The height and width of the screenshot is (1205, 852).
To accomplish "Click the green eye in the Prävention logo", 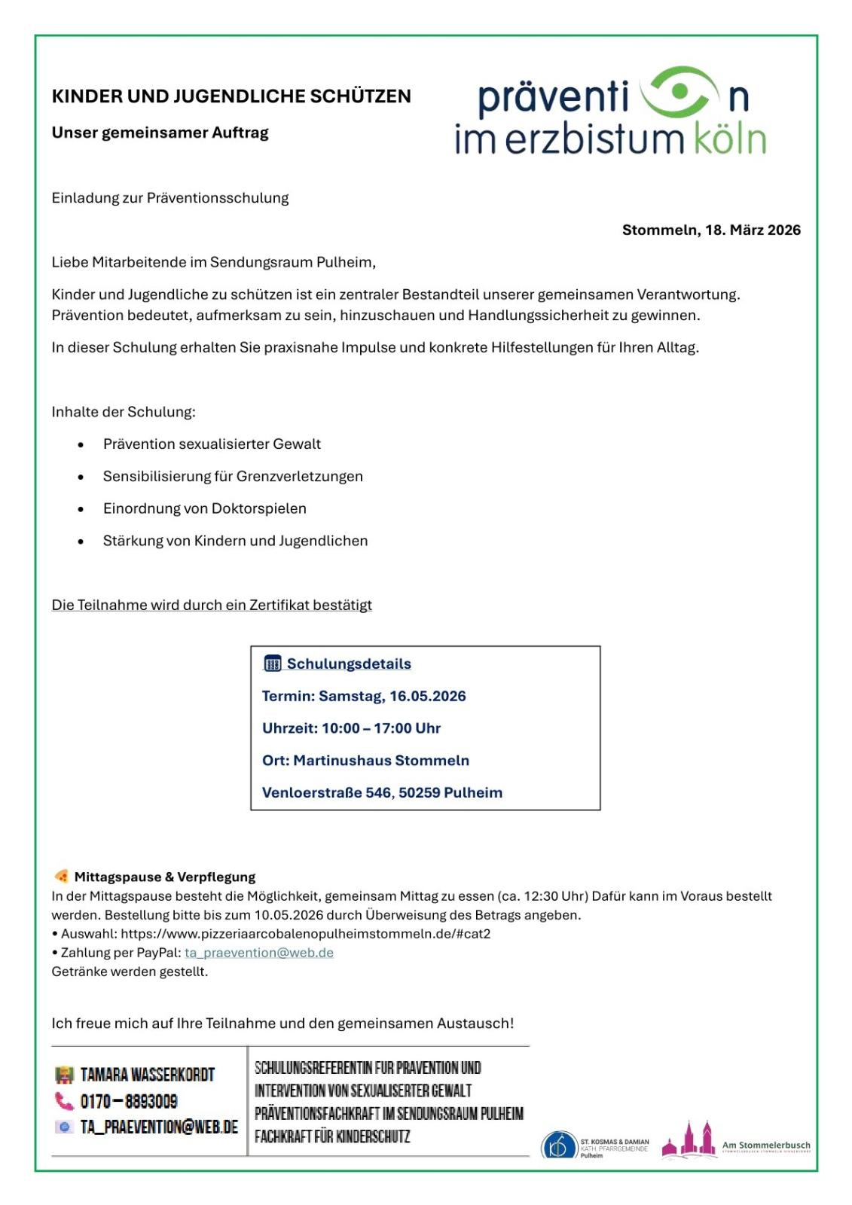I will [x=678, y=92].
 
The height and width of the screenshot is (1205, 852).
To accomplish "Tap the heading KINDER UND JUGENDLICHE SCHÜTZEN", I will [x=231, y=96].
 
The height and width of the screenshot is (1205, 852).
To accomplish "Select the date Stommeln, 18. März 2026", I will [x=711, y=230].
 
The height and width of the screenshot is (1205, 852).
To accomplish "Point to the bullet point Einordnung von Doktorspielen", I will [x=204, y=508].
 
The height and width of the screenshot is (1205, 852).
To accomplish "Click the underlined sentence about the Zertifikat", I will [x=212, y=605].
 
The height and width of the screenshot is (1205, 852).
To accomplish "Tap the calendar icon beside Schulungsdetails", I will [x=272, y=664].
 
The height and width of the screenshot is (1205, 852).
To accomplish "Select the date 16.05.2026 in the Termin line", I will [x=427, y=696].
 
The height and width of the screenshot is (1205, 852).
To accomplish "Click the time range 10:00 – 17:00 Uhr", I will [x=380, y=728].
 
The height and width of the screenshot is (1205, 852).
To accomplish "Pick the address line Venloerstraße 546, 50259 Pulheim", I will [x=382, y=792].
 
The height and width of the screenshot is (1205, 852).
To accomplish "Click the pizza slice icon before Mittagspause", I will [x=61, y=876].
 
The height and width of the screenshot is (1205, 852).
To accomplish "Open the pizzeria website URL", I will [x=305, y=934].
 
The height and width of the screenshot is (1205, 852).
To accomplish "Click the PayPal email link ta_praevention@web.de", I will [x=259, y=953].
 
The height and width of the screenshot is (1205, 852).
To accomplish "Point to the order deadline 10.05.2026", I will [x=289, y=915].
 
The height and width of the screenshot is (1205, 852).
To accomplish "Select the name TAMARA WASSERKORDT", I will [x=148, y=1075].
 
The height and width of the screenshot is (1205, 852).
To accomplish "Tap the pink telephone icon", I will [x=64, y=1101].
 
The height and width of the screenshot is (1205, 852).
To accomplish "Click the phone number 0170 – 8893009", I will [x=129, y=1102].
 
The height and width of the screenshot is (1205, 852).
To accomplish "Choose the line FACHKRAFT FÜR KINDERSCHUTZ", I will [x=332, y=1136].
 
